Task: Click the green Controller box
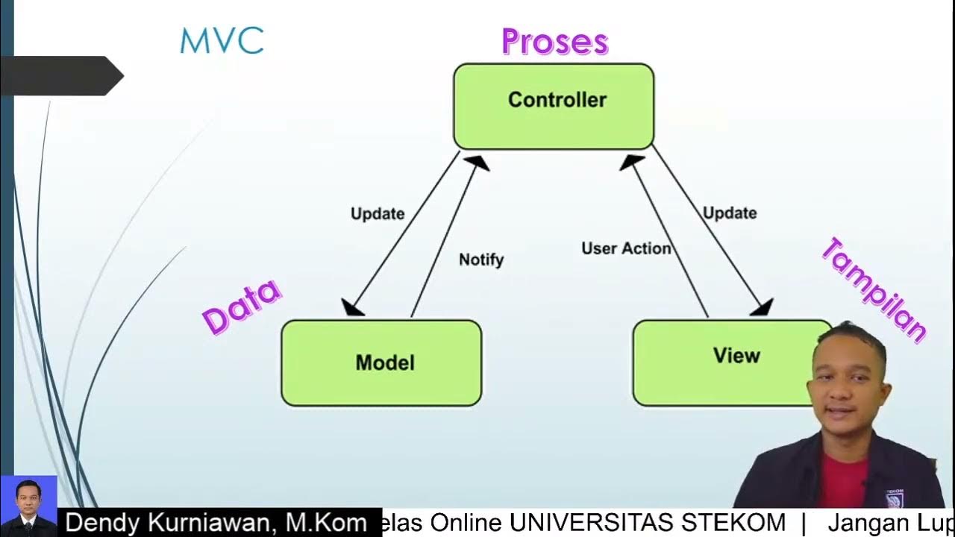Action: coord(554,106)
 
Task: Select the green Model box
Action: coord(381,363)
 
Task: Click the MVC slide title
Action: coord(222,41)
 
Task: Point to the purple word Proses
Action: coord(554,42)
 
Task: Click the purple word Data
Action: coord(242,307)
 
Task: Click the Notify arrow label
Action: coord(481,260)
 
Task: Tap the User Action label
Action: coord(626,248)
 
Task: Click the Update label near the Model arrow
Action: coord(378,213)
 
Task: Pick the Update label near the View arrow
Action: coord(730,213)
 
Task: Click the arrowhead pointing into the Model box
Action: coord(352,307)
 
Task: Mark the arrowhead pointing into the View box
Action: coord(762,307)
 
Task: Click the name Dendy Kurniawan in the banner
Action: coord(215,523)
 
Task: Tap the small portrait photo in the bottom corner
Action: coord(28,506)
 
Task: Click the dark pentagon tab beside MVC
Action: coord(63,75)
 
